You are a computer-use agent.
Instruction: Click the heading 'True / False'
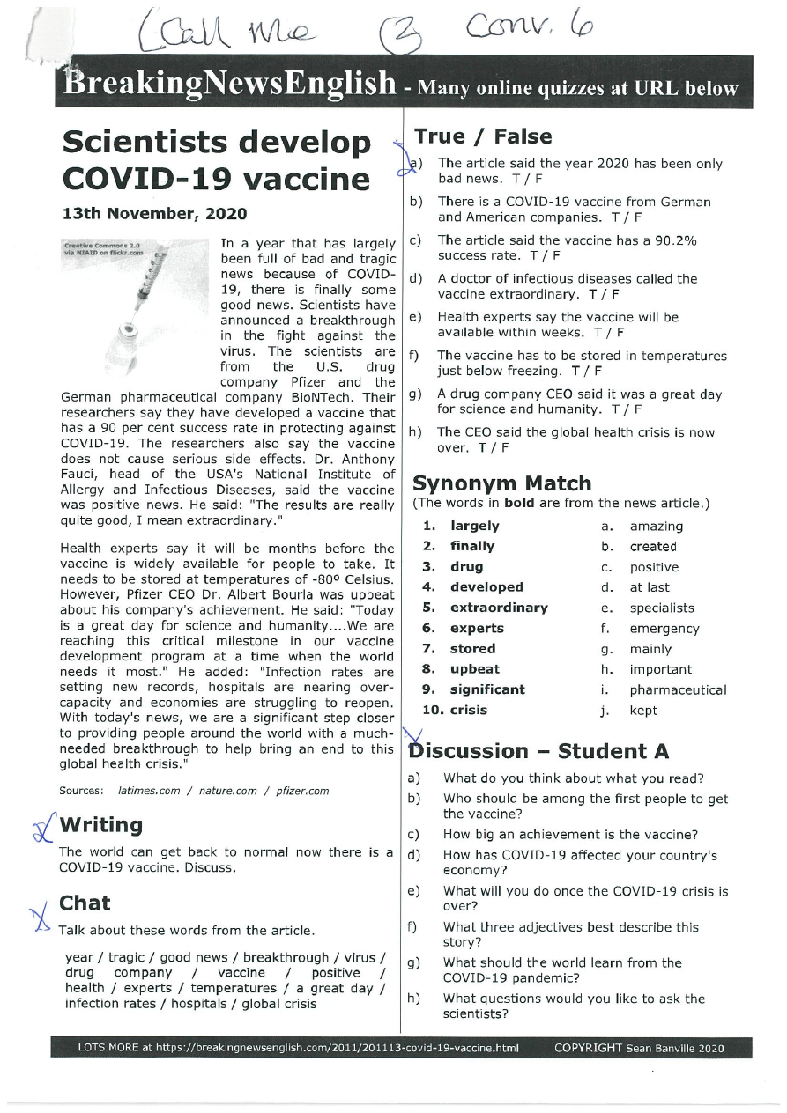click(483, 136)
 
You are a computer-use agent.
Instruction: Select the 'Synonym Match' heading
click(502, 483)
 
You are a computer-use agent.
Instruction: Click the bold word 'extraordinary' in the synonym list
click(499, 608)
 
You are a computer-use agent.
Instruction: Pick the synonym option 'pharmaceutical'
click(678, 690)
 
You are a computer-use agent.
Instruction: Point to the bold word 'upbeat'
click(475, 669)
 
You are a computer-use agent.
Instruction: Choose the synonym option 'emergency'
click(664, 629)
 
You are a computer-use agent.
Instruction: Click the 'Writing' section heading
click(100, 825)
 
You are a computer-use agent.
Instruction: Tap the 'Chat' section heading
click(85, 903)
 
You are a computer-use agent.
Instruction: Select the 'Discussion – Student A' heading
click(540, 751)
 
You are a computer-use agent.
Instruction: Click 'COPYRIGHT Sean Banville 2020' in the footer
click(639, 1049)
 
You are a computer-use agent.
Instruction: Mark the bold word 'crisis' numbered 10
click(469, 710)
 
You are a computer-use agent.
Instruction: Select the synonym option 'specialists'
click(661, 608)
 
